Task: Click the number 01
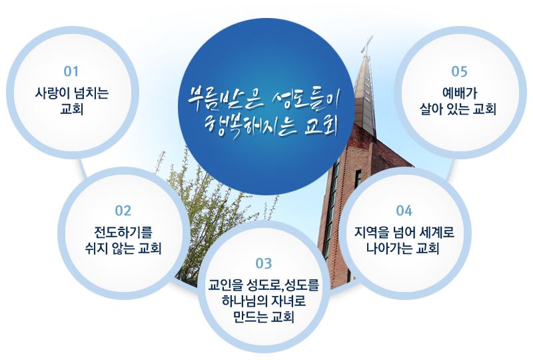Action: (71, 71)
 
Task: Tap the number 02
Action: (123, 211)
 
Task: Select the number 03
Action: (264, 263)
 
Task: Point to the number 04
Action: (404, 211)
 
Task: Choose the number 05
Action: (459, 71)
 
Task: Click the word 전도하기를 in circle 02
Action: (123, 233)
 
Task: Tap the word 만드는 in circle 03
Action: (251, 317)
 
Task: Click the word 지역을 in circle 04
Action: (371, 233)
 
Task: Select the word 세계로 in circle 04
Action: (437, 233)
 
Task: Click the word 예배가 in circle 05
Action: (460, 93)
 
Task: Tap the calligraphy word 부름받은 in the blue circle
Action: (225, 97)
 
